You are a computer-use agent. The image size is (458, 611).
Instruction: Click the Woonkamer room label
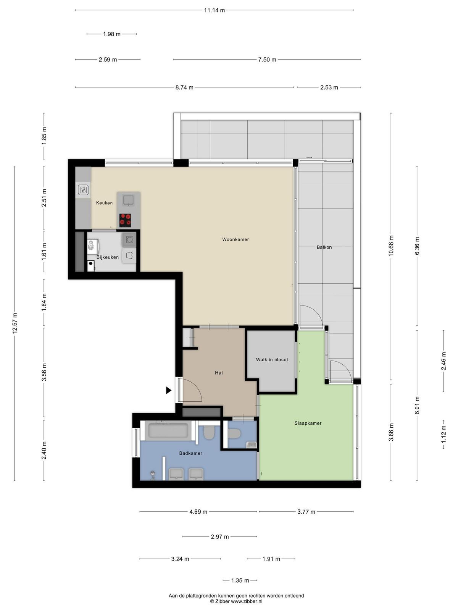pos(235,239)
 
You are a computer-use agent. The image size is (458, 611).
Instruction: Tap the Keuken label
pos(104,203)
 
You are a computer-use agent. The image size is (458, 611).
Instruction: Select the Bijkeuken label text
pos(107,257)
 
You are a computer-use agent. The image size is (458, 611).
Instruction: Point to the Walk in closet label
pos(272,360)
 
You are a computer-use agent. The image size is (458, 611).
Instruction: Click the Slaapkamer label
pos(308,423)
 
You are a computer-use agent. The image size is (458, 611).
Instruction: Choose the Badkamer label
pos(190,453)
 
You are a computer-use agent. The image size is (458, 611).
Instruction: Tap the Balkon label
pos(324,247)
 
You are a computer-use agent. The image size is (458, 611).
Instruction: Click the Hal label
pos(219,373)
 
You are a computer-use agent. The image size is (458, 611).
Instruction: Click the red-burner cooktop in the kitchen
pos(125,220)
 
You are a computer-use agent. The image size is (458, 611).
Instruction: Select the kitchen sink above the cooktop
pos(129,200)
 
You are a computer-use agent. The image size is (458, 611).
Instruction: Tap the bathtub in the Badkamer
pos(168,431)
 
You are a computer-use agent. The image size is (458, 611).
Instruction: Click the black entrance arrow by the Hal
pos(169,390)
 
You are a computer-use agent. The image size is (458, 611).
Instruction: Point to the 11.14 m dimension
pos(214,10)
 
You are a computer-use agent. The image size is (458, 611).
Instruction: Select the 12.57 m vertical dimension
pos(15,323)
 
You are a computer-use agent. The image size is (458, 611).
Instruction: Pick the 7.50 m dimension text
pos(267,60)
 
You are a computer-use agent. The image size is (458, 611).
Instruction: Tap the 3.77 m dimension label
pos(306,512)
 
